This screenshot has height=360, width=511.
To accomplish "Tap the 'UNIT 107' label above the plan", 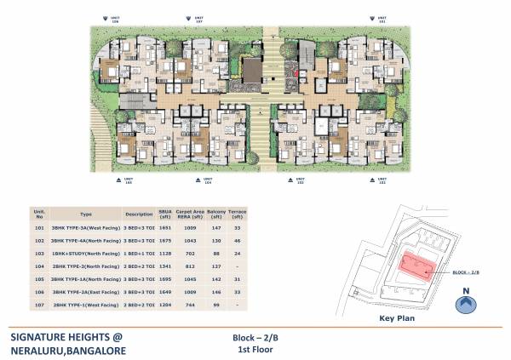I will coord(199,20).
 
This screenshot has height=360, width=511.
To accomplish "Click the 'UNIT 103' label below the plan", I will coord(299,181).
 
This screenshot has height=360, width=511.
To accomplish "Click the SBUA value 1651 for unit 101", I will coord(167,227).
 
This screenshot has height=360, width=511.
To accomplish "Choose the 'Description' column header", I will coord(138,214).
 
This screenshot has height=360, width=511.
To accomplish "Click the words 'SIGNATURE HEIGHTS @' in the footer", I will coord(67,335).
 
